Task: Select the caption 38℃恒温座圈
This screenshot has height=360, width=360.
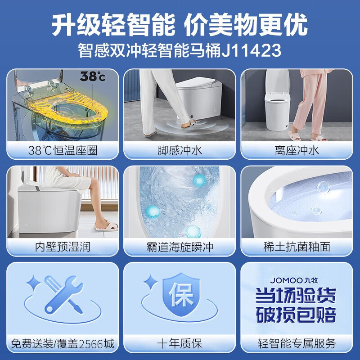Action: click(x=63, y=150)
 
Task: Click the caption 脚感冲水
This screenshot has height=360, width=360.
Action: click(x=180, y=150)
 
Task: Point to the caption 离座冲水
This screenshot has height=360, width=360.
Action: click(x=297, y=150)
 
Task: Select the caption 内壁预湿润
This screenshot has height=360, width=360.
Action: click(x=63, y=247)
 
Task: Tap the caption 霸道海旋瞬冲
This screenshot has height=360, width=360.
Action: click(x=180, y=247)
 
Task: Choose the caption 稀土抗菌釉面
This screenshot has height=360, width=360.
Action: click(x=297, y=247)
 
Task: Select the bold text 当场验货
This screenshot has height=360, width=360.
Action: click(x=296, y=297)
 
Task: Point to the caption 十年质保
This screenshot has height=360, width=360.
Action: click(x=180, y=344)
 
